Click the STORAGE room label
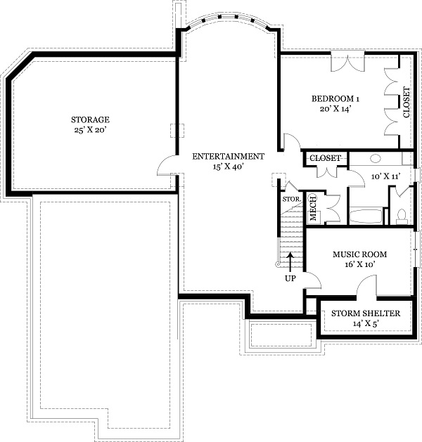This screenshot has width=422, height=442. [89, 120]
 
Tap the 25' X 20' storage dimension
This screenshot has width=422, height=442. [89, 131]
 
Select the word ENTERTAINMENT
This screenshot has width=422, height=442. [229, 157]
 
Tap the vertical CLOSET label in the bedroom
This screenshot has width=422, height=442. [406, 102]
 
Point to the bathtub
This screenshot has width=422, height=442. [366, 215]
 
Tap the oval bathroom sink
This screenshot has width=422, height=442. [376, 159]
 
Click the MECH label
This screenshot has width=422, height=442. [313, 207]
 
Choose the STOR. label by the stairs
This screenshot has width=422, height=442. [291, 199]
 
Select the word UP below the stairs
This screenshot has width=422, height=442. [290, 278]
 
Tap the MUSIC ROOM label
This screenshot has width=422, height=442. [359, 254]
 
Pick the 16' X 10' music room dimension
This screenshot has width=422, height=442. [359, 264]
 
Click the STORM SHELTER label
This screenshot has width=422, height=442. [366, 313]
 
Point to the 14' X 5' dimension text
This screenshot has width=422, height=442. [366, 324]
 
